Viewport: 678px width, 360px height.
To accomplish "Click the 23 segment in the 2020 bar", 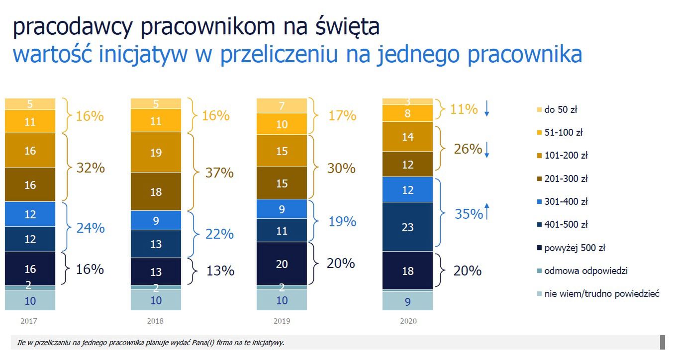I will (x=407, y=226).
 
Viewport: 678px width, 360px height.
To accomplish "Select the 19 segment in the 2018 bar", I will (x=156, y=153).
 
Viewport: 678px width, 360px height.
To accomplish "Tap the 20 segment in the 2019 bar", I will (x=282, y=264).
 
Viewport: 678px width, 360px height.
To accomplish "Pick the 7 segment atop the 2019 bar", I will (x=282, y=106).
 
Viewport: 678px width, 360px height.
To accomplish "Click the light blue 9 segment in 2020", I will (x=407, y=300).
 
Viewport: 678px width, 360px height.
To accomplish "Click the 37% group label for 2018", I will (x=219, y=173).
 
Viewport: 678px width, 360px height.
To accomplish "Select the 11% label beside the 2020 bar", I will (x=464, y=109).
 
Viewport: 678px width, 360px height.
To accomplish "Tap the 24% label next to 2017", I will (x=91, y=228).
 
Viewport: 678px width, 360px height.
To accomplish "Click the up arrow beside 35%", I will (x=487, y=212).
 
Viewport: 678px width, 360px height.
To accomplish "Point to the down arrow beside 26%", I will (x=487, y=149).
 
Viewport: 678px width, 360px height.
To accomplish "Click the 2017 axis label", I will (x=29, y=321).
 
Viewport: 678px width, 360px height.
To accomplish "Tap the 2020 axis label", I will (x=408, y=321).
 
